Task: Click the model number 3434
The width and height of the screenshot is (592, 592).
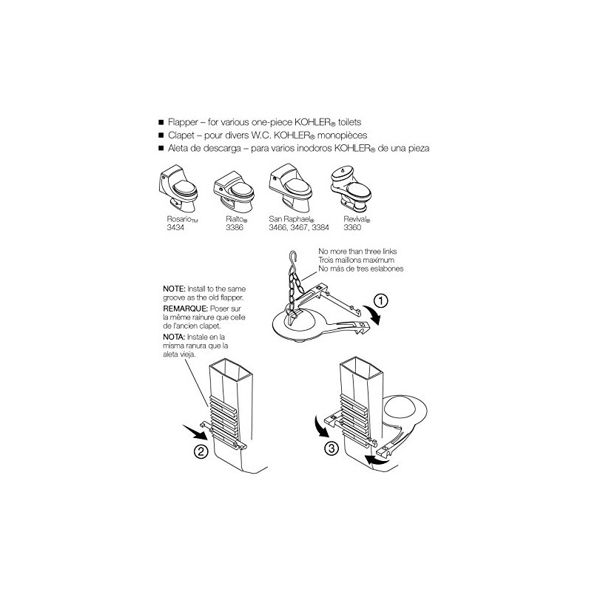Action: coord(175,227)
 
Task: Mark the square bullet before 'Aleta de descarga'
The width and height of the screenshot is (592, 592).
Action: coord(161,149)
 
